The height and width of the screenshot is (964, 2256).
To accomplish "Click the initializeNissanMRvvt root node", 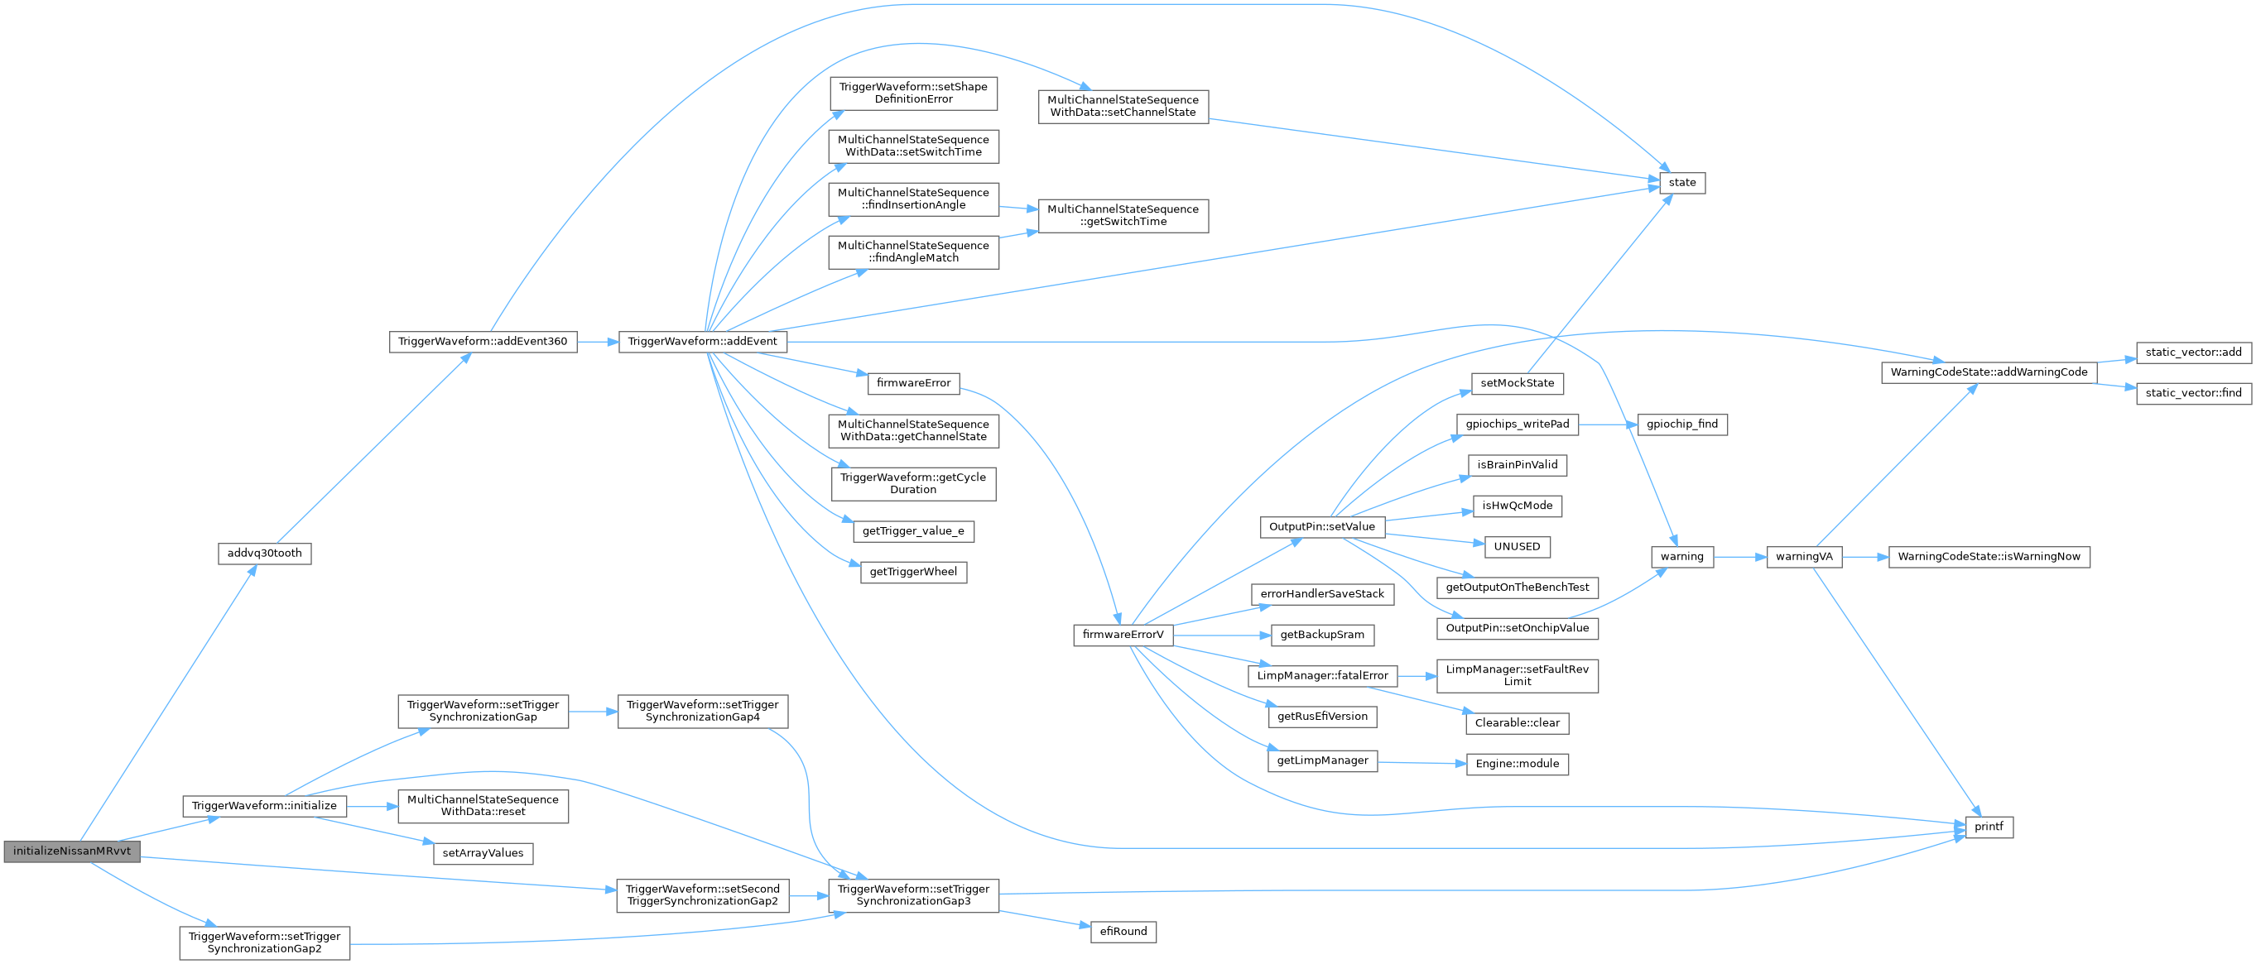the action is tap(72, 851).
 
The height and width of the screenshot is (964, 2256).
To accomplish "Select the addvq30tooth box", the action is tap(264, 554).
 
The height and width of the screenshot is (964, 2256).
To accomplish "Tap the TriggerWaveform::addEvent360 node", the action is tap(483, 342).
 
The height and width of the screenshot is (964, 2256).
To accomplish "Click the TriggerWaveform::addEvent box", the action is tap(702, 342).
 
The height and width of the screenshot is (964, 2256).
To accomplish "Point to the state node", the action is tap(1682, 183).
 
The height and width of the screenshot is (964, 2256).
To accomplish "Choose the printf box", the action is tap(1989, 827).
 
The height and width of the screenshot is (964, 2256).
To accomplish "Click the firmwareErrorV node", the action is tap(1123, 635).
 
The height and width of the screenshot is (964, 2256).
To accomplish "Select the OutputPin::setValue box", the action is tap(1322, 527).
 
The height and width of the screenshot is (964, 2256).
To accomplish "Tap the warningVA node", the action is tap(1804, 557).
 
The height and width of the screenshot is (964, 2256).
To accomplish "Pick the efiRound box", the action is tap(1123, 932).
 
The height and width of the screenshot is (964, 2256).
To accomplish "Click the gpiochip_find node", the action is tap(1682, 424).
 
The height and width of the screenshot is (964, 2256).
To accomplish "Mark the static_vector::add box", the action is tap(2194, 353).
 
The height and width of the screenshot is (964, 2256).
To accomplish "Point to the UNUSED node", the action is tap(1517, 547).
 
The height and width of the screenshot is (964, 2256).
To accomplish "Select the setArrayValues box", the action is tap(483, 854).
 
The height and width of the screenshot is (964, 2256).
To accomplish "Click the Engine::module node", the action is tap(1518, 765).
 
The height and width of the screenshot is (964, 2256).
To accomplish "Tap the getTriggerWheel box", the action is tap(913, 573).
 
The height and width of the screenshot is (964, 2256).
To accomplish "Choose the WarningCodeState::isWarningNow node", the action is tap(1989, 557).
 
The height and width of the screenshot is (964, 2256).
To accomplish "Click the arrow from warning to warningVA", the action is tap(1740, 557).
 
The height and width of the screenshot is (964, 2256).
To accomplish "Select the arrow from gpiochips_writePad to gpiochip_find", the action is tap(1608, 424).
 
